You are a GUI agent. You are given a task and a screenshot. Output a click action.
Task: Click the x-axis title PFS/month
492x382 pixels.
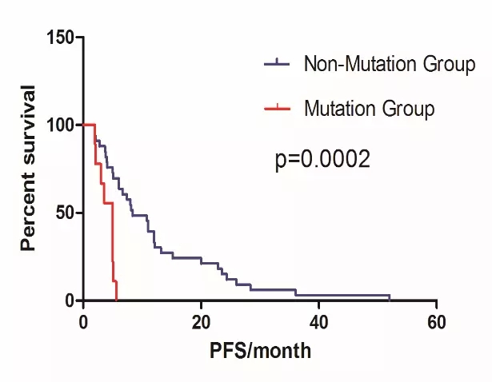(260, 350)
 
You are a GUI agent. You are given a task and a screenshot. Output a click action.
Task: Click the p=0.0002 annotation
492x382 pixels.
(322, 160)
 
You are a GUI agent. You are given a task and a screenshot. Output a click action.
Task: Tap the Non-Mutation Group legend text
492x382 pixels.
(390, 65)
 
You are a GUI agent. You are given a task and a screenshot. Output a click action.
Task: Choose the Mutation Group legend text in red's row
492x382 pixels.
(369, 108)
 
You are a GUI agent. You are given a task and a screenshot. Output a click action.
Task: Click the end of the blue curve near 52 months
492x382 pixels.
(390, 297)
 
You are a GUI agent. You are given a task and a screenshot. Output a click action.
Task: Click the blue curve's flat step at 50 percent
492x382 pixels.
(139, 216)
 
